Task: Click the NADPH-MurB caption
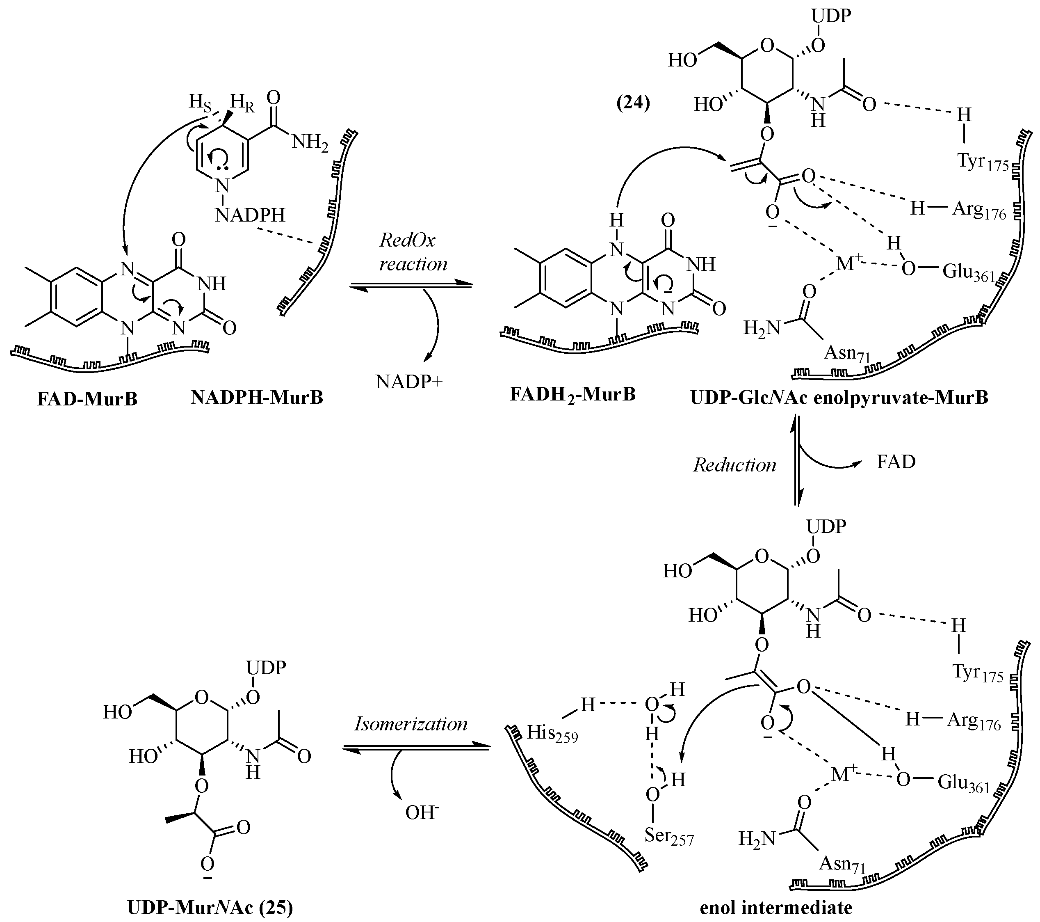tap(257, 397)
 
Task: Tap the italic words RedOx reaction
tap(413, 252)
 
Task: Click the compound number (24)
tap(633, 103)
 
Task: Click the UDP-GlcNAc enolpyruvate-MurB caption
tap(839, 398)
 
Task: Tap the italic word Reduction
tap(734, 465)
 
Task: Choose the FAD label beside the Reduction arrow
tap(896, 462)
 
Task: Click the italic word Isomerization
tap(411, 724)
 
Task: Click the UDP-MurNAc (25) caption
tap(210, 907)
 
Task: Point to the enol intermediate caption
tap(776, 907)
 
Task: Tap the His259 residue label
tap(552, 734)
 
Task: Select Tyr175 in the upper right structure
tap(983, 162)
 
